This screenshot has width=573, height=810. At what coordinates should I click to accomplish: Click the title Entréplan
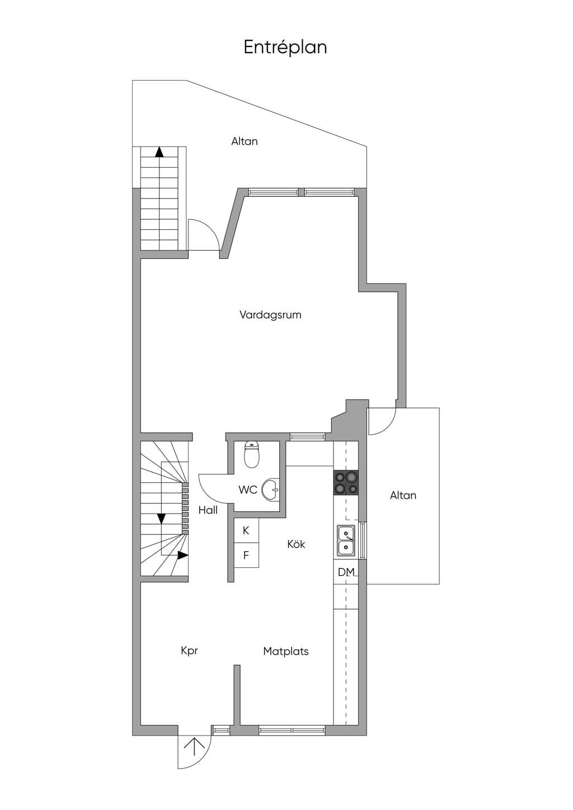pos(285,48)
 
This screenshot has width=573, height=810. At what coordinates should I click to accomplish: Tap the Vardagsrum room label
pos(270,315)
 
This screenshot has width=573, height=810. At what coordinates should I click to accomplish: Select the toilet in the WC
pos(252,454)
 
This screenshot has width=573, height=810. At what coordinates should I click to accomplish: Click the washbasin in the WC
pos(271,489)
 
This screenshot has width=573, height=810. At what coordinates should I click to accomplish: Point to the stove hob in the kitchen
pos(346,483)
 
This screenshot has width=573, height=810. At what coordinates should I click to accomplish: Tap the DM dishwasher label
pos(346,572)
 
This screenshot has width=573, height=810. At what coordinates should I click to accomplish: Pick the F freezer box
pos(246,555)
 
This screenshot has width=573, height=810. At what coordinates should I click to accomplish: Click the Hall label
pos(208,510)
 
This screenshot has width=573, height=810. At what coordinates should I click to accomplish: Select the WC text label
pos(248,490)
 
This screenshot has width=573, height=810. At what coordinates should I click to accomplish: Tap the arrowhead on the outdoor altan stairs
pos(159,152)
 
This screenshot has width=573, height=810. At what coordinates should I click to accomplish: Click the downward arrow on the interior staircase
pos(161,519)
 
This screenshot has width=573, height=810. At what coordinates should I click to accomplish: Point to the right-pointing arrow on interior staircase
pos(182,555)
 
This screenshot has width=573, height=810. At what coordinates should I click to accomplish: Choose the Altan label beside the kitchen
pos(403,496)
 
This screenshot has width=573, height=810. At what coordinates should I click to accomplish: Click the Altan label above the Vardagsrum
pos(245,142)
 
